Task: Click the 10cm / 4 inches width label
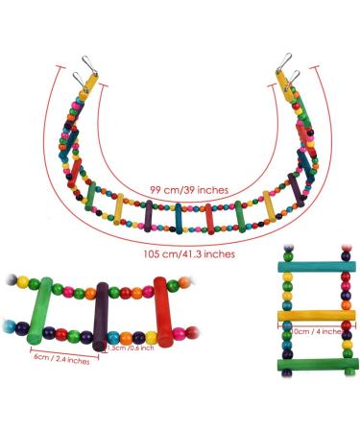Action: pyautogui.click(x=315, y=331)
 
